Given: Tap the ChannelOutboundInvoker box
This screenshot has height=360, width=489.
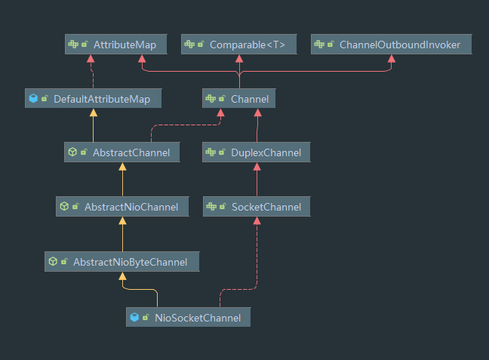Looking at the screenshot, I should click(x=391, y=45).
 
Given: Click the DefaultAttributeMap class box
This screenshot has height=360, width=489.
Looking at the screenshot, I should click(x=93, y=98).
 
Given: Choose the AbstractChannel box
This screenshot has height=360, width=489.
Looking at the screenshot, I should click(x=121, y=152).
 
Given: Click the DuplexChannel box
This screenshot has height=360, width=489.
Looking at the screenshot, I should click(x=257, y=152).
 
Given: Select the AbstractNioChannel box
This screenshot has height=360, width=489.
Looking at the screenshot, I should click(x=121, y=207).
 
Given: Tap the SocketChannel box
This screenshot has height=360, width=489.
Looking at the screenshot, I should click(x=257, y=207).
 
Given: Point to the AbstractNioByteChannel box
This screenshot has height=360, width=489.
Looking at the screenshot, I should click(x=121, y=261).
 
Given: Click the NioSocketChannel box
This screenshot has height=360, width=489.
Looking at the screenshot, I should click(x=187, y=318).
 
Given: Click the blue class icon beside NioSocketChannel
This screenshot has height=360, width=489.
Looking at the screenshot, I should click(x=135, y=318).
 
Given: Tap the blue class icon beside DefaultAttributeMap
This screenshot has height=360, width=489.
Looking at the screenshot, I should click(x=33, y=98).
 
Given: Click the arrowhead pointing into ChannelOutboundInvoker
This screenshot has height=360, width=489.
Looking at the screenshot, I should click(x=391, y=60).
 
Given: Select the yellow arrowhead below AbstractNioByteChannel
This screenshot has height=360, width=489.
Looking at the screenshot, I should click(x=121, y=276).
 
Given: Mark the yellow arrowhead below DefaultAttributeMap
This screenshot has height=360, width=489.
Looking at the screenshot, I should click(x=93, y=113).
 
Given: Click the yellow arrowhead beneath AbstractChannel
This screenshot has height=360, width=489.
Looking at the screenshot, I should click(x=121, y=168).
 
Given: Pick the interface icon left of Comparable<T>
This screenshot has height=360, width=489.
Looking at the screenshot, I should click(x=190, y=45).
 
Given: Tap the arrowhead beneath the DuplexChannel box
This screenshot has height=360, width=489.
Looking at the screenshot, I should click(x=257, y=168).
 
